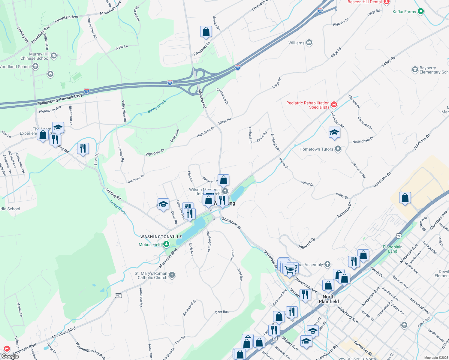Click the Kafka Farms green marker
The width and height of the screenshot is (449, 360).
tap(421, 11)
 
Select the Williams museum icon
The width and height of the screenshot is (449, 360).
tap(309, 43)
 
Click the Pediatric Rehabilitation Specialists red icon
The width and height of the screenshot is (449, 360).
tap(334, 105)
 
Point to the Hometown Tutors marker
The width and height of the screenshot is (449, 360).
tap(338, 149)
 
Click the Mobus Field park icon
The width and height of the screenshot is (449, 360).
tap(166, 244)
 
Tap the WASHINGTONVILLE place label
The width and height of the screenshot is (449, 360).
tap(161, 237)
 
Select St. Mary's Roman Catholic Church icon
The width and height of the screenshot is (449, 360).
tap(172, 275)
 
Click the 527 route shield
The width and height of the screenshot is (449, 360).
tap(119, 295)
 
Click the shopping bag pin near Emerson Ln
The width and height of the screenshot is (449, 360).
tap(206, 31)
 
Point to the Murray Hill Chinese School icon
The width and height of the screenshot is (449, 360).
tap(54, 56)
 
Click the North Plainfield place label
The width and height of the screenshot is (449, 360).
tap(329, 299)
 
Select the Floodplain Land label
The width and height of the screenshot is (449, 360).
tap(393, 249)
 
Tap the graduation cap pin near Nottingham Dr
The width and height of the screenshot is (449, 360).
tap(334, 132)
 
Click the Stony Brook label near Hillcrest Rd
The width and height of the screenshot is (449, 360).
tap(157, 107)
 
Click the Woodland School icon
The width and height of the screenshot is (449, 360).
tap(35, 66)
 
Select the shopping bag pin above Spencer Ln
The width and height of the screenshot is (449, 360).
tap(223, 180)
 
